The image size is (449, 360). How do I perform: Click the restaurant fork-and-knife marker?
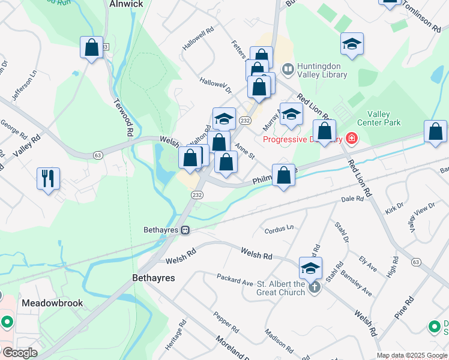tap(49, 178)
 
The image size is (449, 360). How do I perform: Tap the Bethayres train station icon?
tap(186, 230)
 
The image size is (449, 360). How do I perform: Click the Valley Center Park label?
tap(378, 118)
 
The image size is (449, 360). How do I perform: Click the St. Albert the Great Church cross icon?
tap(314, 288)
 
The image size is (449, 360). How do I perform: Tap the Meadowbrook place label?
tap(52, 303)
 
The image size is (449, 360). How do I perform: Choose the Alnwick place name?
tap(126, 4)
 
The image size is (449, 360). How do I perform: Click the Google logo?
tap(19, 353)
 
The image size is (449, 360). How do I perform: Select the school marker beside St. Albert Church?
tap(311, 268)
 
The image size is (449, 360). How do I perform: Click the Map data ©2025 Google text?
tap(412, 355)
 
